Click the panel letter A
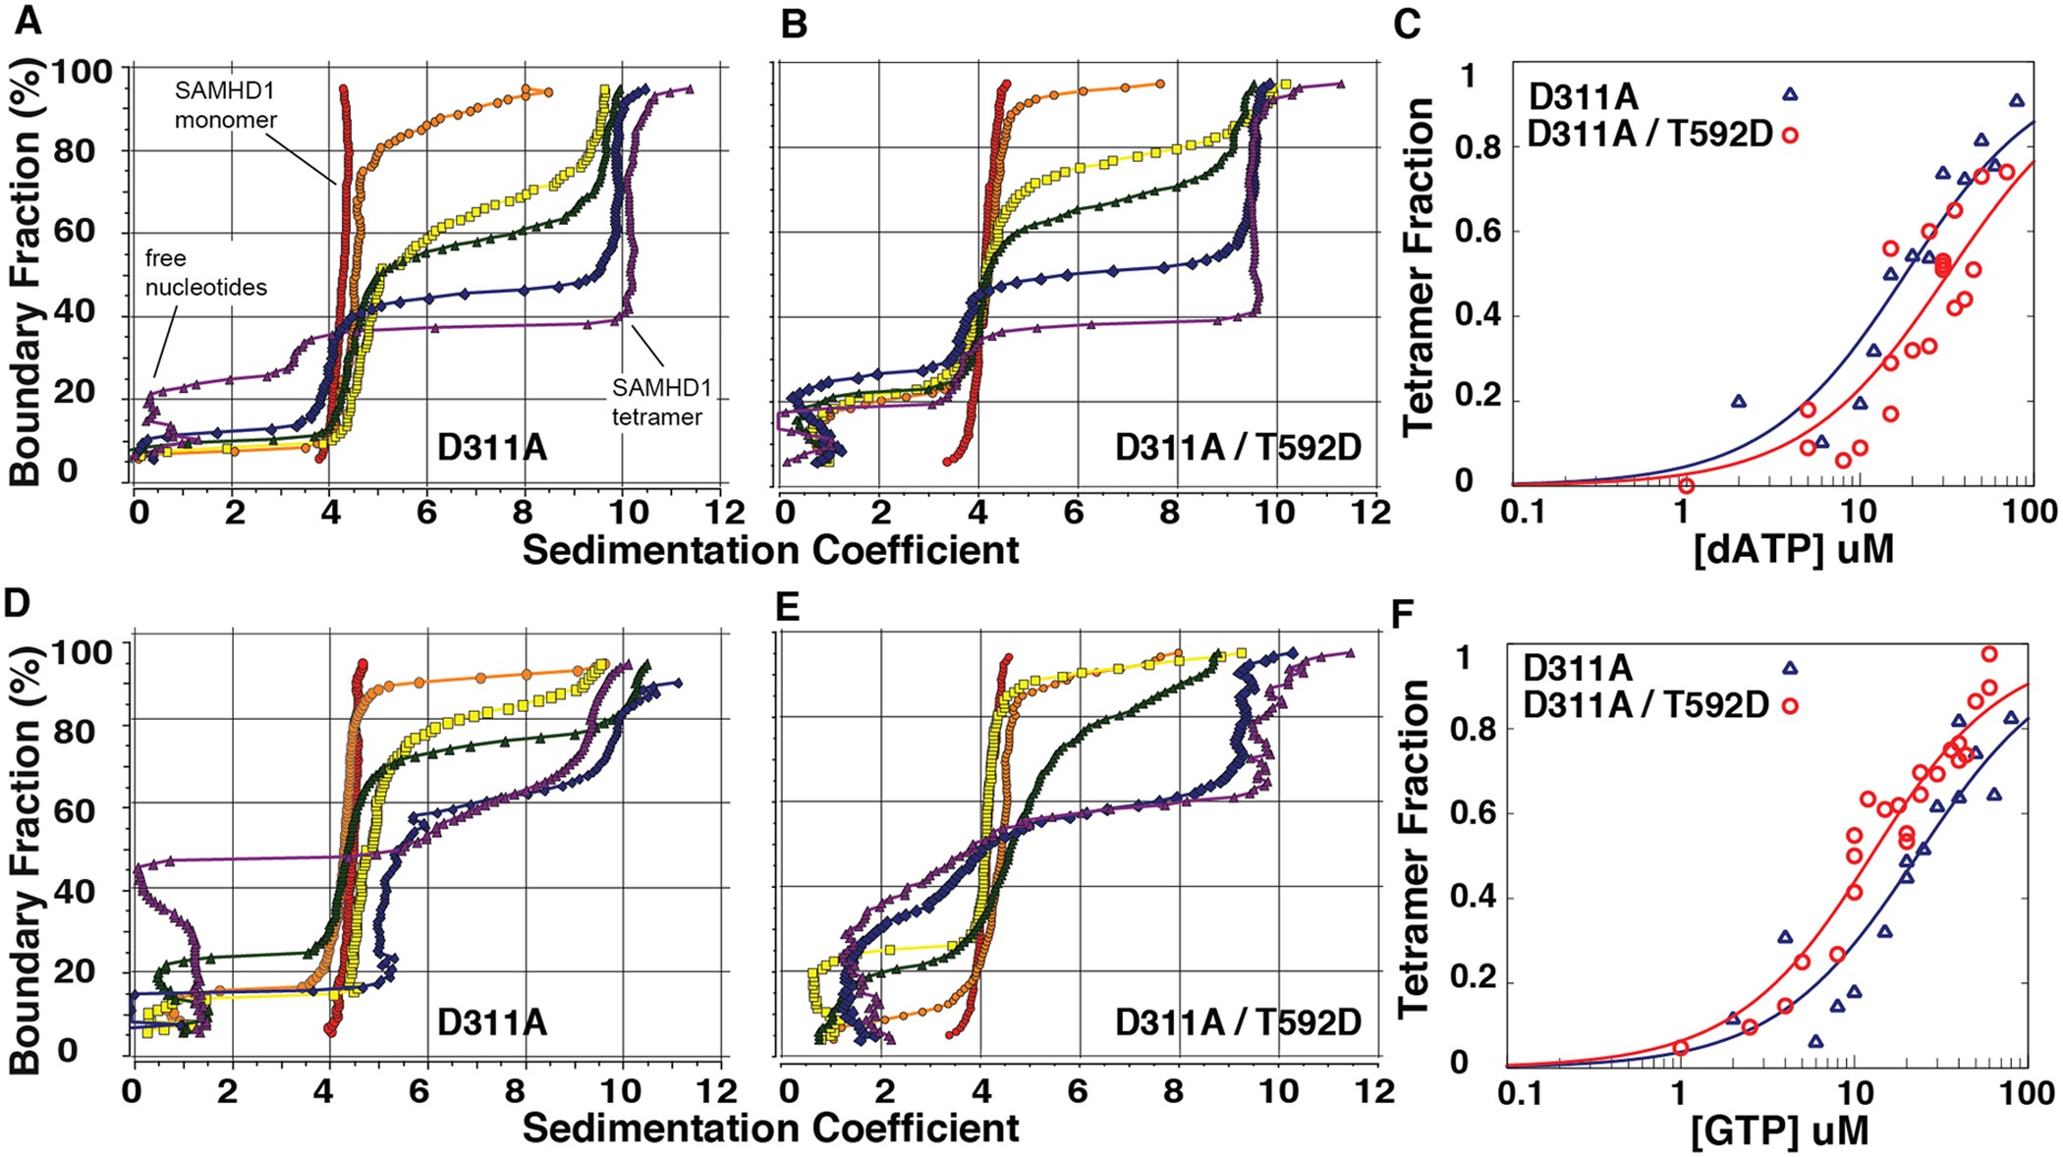(x=28, y=21)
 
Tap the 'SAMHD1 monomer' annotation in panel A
(x=225, y=105)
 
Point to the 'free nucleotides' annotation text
(x=205, y=273)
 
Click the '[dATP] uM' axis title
(x=1793, y=548)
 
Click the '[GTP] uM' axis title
(x=1779, y=1130)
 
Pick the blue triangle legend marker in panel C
(x=1790, y=94)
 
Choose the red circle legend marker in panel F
(x=1790, y=705)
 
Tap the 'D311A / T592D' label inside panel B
(x=1238, y=448)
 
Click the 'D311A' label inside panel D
(x=491, y=1022)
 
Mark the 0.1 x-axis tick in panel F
(x=1521, y=1093)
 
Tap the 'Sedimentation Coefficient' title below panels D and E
(x=770, y=1129)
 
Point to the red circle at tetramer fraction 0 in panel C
(x=1686, y=485)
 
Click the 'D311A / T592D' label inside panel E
(x=1238, y=1022)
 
